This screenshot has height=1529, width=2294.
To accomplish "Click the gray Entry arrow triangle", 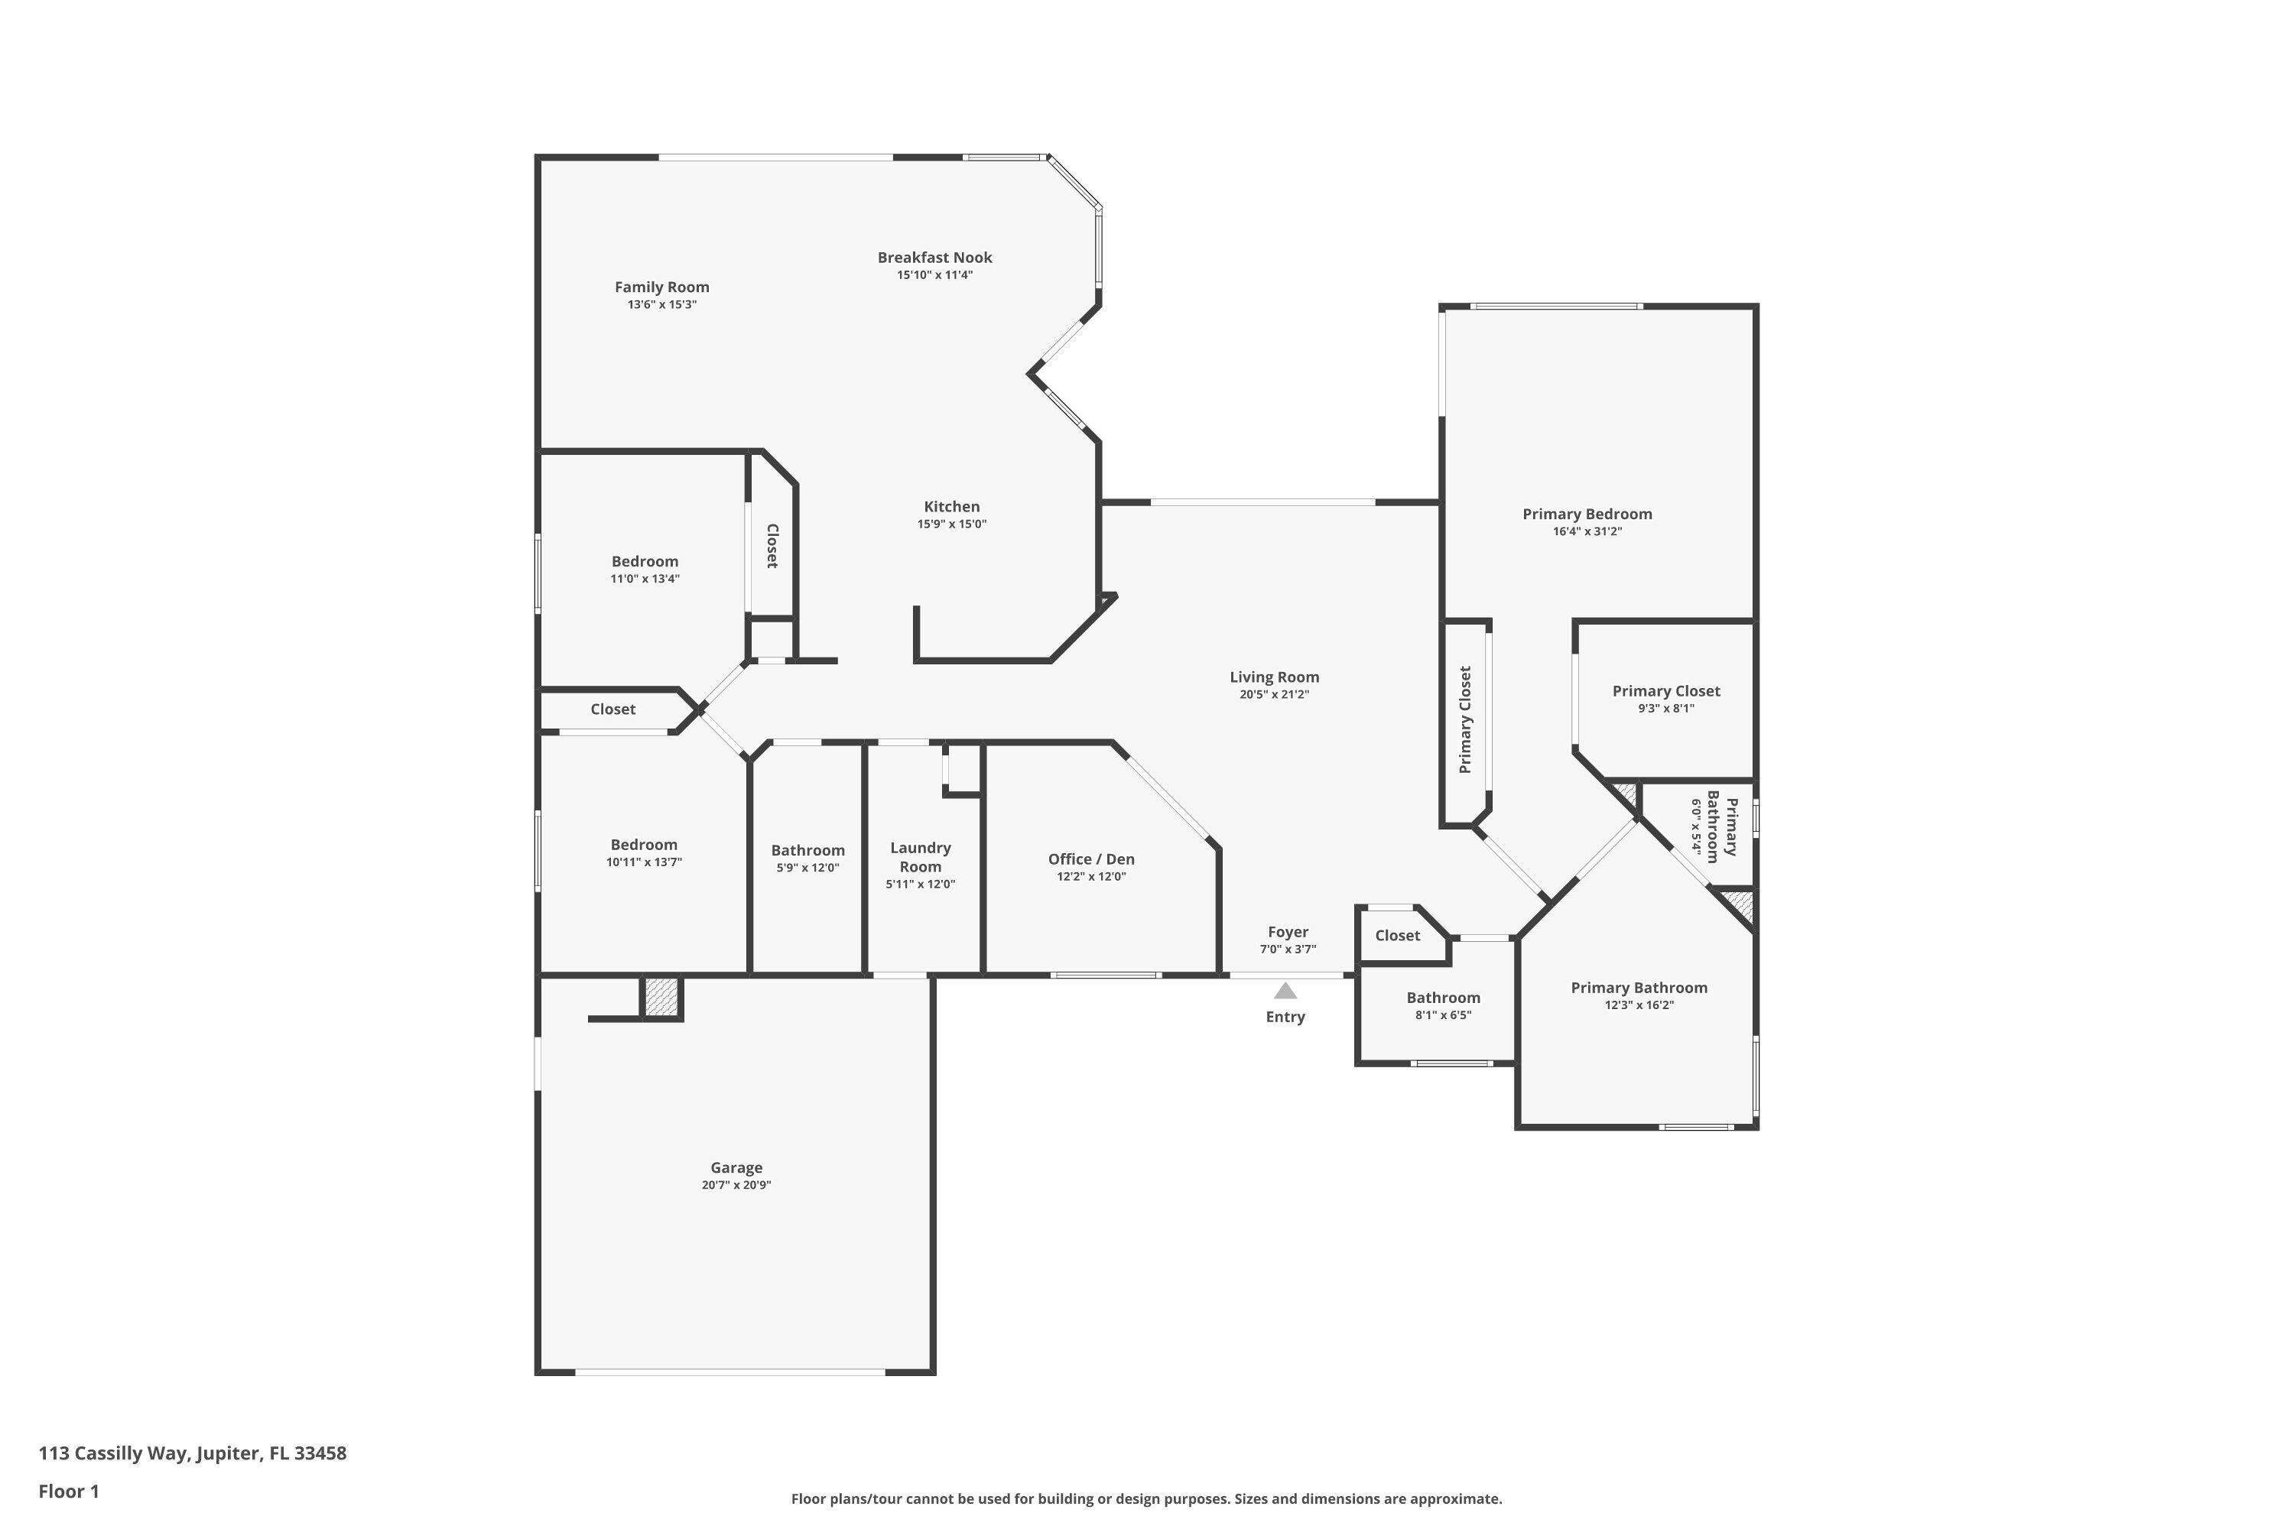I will [x=1285, y=992].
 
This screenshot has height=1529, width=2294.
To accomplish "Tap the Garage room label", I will [x=736, y=1167].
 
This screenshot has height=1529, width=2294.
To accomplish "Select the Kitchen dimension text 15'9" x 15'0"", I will [x=951, y=524].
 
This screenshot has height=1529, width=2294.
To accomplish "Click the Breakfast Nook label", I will [x=934, y=258].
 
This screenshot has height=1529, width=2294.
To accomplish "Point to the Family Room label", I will [x=661, y=287].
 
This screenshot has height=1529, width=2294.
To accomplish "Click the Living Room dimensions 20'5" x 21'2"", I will [x=1274, y=694].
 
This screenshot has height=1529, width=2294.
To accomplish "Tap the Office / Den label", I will [x=1090, y=859].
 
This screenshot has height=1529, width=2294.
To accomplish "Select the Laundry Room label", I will [x=920, y=857].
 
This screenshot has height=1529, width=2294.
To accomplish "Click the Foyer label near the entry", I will [x=1288, y=932].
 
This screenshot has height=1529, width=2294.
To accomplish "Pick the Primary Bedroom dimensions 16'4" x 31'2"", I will [x=1587, y=531].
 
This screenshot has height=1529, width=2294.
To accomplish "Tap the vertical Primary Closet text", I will [x=1464, y=719].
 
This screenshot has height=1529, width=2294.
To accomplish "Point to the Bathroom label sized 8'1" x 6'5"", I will [x=1442, y=998].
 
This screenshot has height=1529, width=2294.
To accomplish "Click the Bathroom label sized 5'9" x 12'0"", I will [x=807, y=850].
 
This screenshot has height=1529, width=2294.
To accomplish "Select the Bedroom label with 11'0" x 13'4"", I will [x=645, y=562].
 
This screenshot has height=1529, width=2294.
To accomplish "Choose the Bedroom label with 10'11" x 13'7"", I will [x=644, y=846].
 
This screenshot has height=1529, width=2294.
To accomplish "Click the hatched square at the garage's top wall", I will [x=661, y=997].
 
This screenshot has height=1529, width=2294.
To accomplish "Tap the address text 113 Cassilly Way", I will [x=192, y=1453].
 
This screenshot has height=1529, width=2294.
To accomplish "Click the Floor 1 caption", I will [x=68, y=1491].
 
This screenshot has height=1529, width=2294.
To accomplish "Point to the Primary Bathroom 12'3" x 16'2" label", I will [x=1639, y=988].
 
